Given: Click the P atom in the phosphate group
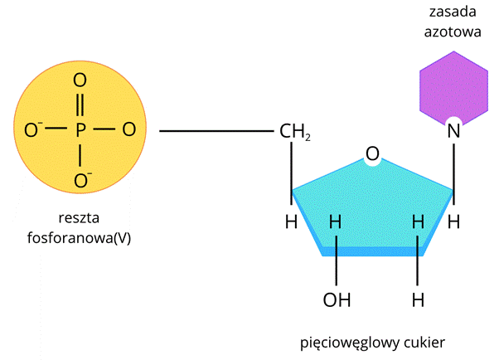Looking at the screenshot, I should point(80,129).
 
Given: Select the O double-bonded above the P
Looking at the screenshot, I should point(80,81).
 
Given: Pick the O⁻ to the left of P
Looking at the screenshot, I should point(34,129).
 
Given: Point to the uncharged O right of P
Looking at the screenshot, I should point(128,129).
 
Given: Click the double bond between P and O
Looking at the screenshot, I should point(80,105).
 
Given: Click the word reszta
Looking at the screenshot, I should point(80,220).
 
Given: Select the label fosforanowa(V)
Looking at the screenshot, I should point(80,238).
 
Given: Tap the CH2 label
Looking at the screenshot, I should point(295,131).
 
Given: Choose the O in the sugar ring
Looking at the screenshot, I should point(372,154).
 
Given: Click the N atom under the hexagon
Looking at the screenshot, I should point(453,131).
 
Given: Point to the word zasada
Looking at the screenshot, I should point(453,13).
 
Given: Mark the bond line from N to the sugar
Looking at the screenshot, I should point(453,166).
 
